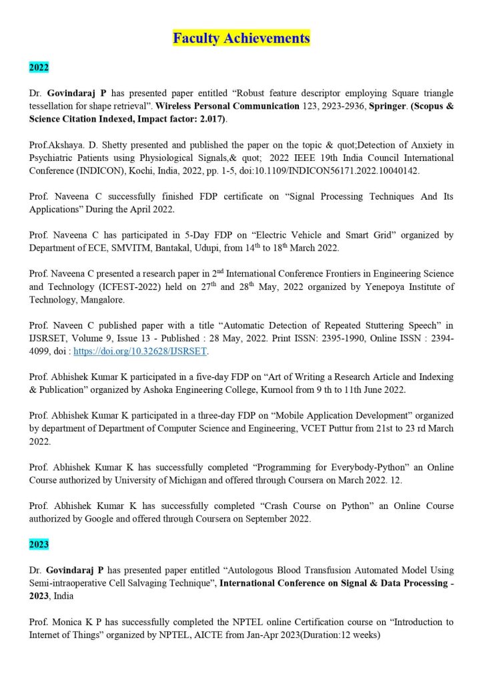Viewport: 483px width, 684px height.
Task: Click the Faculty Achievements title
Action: pyautogui.click(x=241, y=38)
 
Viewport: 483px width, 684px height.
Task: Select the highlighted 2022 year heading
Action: pyautogui.click(x=39, y=67)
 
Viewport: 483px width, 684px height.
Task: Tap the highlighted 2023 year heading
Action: pyautogui.click(x=39, y=544)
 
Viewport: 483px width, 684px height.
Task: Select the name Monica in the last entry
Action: pyautogui.click(x=66, y=622)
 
